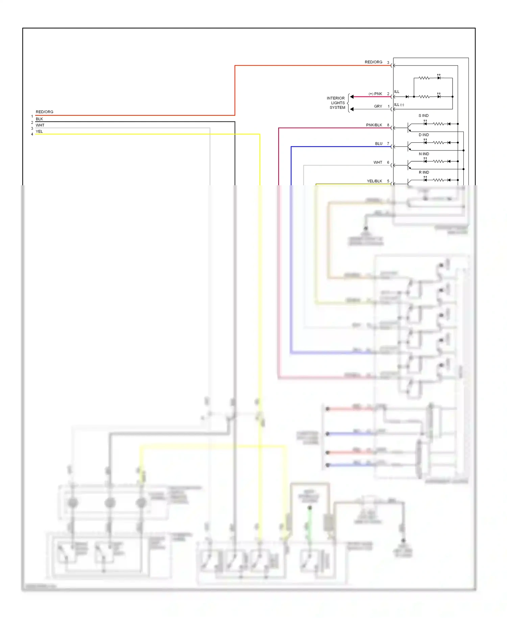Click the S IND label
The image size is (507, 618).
(x=423, y=116)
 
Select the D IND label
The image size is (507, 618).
(x=424, y=135)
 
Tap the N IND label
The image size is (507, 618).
(x=424, y=154)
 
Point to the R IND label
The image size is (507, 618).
(x=424, y=172)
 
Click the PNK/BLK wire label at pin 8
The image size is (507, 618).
(x=374, y=125)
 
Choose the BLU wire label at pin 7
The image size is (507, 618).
(x=379, y=144)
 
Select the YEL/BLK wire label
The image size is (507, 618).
(x=374, y=181)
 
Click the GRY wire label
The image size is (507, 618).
(x=378, y=106)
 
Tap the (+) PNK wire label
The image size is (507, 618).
(x=375, y=94)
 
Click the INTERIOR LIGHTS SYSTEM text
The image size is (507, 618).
(x=336, y=103)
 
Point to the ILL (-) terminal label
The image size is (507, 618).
(x=399, y=105)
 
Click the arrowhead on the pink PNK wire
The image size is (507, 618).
(x=352, y=97)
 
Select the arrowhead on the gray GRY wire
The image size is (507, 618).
(x=352, y=109)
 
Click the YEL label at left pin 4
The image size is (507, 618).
(x=39, y=132)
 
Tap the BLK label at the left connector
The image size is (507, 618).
(x=39, y=119)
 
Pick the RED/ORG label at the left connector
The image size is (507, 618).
(x=44, y=112)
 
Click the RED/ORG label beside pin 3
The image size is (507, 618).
(x=373, y=62)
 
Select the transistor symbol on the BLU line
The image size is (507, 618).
(x=409, y=147)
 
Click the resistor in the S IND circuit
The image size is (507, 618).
(x=438, y=124)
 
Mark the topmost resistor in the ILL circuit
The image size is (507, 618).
(x=424, y=78)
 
